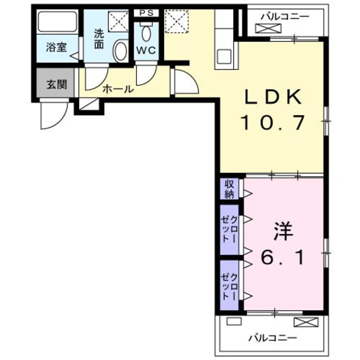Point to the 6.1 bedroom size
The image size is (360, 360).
282,257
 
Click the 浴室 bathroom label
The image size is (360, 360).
57,47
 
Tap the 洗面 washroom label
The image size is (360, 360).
99,38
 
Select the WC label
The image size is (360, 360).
146,50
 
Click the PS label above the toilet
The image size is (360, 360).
146,13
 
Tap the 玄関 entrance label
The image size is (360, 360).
56,84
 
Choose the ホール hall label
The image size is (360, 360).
118,89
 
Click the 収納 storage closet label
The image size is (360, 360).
229,189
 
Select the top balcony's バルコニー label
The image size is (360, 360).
285,17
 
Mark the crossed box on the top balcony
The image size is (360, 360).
269,29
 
